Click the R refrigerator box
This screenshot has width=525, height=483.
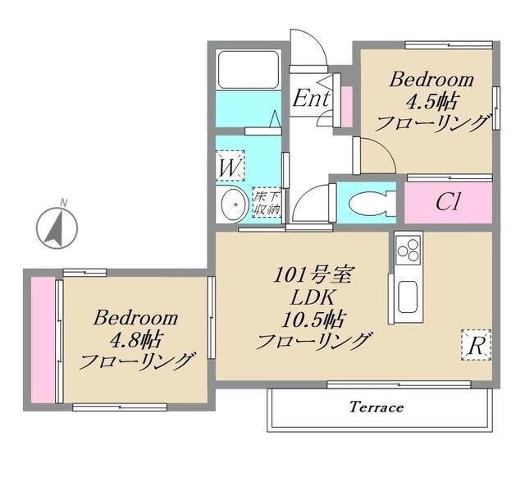click(x=476, y=345)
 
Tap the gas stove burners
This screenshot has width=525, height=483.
click(x=408, y=247)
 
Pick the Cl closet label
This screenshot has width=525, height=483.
click(x=447, y=203)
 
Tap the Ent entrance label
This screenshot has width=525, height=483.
click(x=311, y=98)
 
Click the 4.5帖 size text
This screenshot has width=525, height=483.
click(x=432, y=102)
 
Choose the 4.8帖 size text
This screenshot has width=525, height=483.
click(x=135, y=338)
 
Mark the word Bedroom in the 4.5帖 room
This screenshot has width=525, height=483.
click(x=432, y=80)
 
